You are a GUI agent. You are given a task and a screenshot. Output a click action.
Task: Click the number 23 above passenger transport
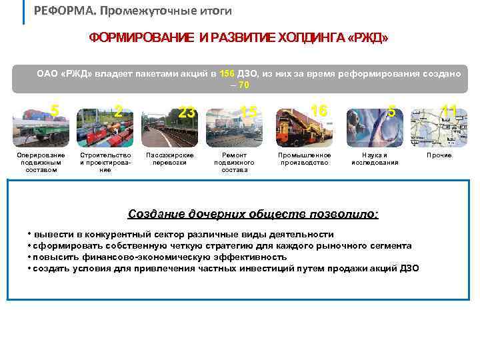tap(187, 113)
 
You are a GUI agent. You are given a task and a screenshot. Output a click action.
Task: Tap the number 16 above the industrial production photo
tap(319, 111)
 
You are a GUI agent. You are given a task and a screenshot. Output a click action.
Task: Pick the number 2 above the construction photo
tap(117, 111)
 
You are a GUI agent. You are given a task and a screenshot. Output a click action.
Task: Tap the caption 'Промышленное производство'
tap(304, 159)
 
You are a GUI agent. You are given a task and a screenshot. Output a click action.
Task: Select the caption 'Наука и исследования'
tap(375, 159)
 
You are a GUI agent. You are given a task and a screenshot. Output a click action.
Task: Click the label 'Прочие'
tap(439, 155)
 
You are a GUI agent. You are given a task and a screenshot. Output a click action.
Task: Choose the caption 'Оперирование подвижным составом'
tap(41, 162)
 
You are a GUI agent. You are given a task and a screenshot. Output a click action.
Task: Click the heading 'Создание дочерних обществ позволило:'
tap(253, 214)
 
